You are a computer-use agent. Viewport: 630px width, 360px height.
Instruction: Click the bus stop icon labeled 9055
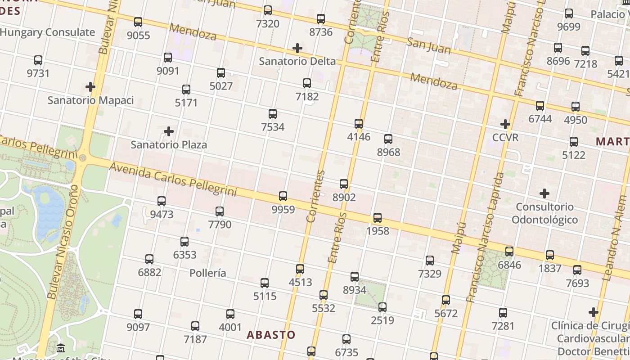(138, 22)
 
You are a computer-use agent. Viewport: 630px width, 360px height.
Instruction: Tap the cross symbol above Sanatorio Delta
(297, 48)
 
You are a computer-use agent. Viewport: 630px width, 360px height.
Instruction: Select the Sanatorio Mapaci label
(91, 100)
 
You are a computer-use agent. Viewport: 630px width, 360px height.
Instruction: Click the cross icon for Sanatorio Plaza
(169, 131)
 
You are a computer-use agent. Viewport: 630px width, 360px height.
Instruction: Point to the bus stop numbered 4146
(359, 123)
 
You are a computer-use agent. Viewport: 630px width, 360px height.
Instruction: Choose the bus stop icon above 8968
(388, 139)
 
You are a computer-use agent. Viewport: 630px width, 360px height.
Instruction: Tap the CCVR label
(505, 137)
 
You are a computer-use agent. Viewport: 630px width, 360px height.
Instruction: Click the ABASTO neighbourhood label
(271, 335)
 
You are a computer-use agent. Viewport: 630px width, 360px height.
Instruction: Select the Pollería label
(208, 273)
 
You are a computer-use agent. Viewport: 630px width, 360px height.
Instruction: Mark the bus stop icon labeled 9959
(283, 196)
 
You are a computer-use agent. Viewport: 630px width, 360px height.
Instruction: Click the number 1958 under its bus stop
(378, 231)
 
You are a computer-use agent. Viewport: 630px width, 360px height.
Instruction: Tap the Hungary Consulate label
(48, 32)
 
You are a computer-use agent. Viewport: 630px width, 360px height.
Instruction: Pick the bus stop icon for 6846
(509, 251)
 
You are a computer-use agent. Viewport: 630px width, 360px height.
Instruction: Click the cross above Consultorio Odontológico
(544, 193)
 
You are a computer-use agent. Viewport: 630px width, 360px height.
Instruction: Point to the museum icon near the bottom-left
(61, 348)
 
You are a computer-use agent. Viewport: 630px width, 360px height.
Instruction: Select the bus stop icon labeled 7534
(273, 113)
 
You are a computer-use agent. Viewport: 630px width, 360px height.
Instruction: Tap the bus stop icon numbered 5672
(446, 300)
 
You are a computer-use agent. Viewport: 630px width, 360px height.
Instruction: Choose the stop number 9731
(38, 73)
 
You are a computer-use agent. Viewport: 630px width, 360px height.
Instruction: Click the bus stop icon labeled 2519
(382, 307)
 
